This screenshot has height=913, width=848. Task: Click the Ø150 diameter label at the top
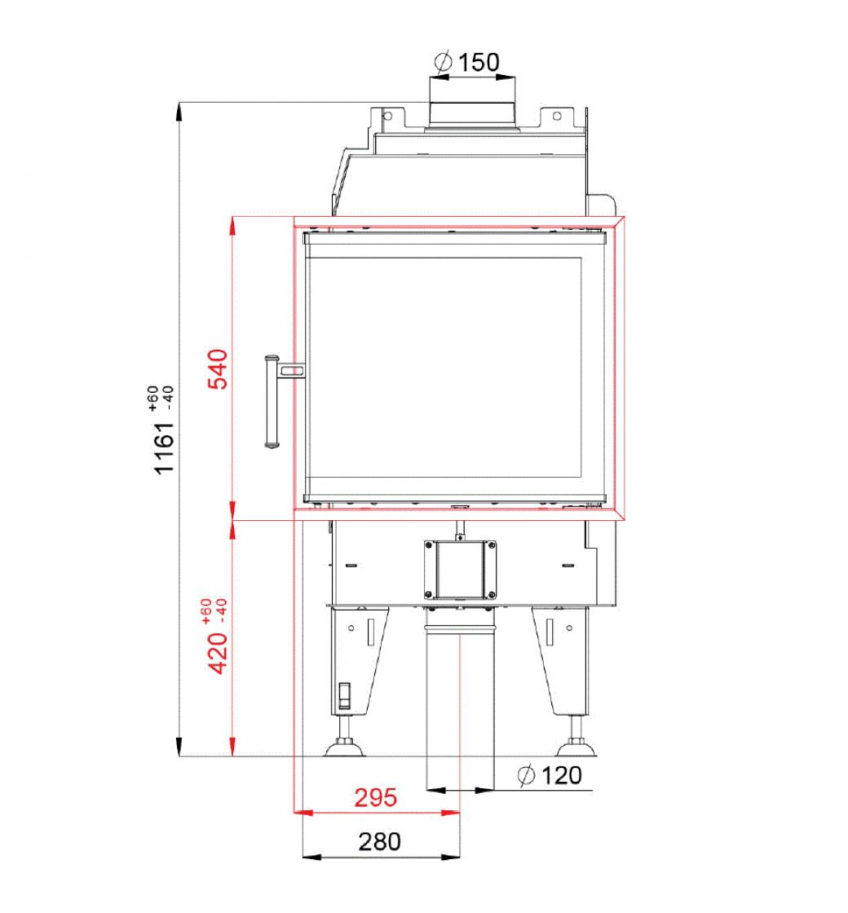click(x=467, y=62)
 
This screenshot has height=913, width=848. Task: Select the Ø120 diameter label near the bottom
click(x=550, y=775)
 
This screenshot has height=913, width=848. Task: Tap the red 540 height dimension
click(x=219, y=368)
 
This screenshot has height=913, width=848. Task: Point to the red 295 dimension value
click(x=376, y=797)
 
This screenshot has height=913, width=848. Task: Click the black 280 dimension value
click(x=379, y=841)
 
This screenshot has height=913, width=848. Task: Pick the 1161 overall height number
click(x=164, y=448)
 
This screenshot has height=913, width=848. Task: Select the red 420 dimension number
click(x=219, y=653)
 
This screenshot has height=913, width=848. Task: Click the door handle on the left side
click(x=272, y=402)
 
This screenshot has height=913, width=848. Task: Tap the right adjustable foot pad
click(x=577, y=747)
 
